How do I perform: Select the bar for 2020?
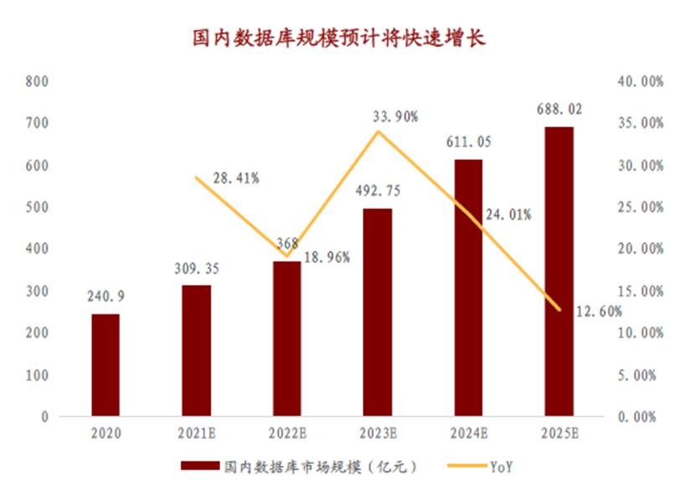tap(106, 364)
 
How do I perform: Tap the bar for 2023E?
tap(378, 312)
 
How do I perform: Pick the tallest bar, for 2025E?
tap(560, 271)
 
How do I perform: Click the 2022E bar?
tap(287, 338)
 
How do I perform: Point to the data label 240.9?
tap(105, 297)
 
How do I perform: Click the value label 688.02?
tap(560, 109)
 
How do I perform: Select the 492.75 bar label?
tap(378, 190)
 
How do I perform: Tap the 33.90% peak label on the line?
tap(395, 116)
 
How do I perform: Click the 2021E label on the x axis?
tap(197, 434)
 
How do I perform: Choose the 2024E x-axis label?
tap(469, 434)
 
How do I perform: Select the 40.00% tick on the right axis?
tap(641, 81)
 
